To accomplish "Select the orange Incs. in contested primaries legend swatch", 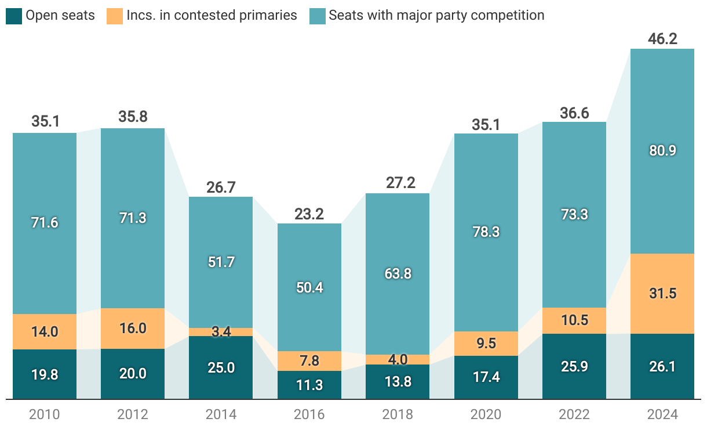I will pyautogui.click(x=114, y=16).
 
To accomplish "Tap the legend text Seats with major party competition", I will pyautogui.click(x=436, y=16).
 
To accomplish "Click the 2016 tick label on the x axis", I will pyautogui.click(x=309, y=414).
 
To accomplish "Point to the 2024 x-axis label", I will pyautogui.click(x=662, y=414).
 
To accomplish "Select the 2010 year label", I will pyautogui.click(x=45, y=414).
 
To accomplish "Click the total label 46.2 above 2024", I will pyautogui.click(x=662, y=39).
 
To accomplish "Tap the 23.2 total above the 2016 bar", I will pyautogui.click(x=309, y=214).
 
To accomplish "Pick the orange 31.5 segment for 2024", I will pyautogui.click(x=662, y=294).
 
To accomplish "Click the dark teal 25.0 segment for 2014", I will pyautogui.click(x=221, y=367).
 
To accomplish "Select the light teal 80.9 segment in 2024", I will pyautogui.click(x=662, y=151).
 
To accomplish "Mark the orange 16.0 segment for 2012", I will pyautogui.click(x=133, y=329).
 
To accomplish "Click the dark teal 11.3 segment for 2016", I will pyautogui.click(x=309, y=385).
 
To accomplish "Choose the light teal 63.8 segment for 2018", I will pyautogui.click(x=398, y=273).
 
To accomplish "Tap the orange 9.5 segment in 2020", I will pyautogui.click(x=486, y=344).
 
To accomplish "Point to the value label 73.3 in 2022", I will pyautogui.click(x=574, y=214).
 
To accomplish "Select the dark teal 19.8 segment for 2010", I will pyautogui.click(x=45, y=374).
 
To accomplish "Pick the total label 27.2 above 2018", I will pyautogui.click(x=398, y=183).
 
